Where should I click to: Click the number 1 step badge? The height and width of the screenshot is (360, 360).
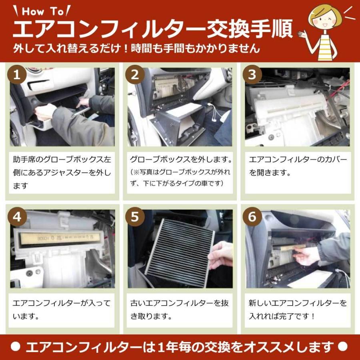[x=17, y=75]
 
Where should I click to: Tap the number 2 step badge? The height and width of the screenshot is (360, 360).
[x=135, y=75]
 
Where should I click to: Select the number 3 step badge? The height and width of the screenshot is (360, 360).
[x=252, y=75]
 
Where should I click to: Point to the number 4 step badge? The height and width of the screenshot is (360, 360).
[x=17, y=217]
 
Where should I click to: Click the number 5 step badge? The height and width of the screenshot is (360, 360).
[x=135, y=217]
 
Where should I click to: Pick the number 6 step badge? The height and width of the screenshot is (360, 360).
[x=252, y=217]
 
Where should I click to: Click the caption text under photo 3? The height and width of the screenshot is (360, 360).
[x=298, y=166]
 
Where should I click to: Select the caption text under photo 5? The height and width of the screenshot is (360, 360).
[x=180, y=309]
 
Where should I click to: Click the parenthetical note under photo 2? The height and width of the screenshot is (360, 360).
[x=180, y=178]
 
